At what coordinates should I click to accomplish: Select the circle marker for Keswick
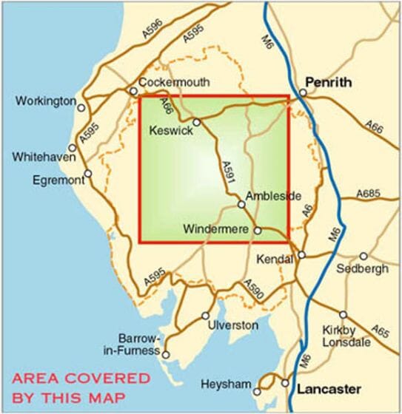(197, 122)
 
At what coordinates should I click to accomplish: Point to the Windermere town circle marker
(258, 231)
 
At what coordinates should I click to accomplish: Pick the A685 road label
(367, 194)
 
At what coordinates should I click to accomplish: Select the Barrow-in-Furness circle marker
(167, 354)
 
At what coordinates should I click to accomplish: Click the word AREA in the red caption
(43, 379)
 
